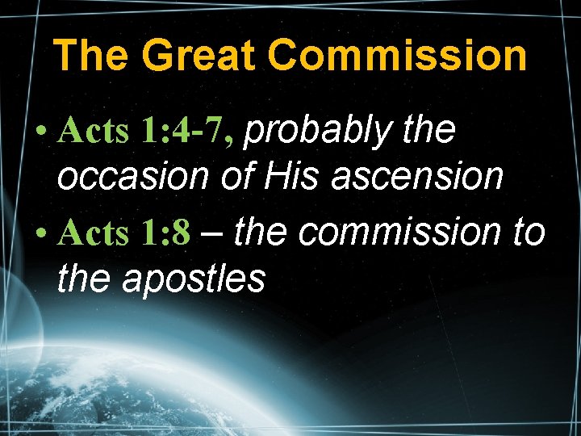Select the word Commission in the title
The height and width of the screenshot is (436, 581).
(397, 56)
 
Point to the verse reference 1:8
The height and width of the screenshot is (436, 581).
(166, 234)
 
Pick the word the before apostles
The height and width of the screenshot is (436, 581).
(83, 279)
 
